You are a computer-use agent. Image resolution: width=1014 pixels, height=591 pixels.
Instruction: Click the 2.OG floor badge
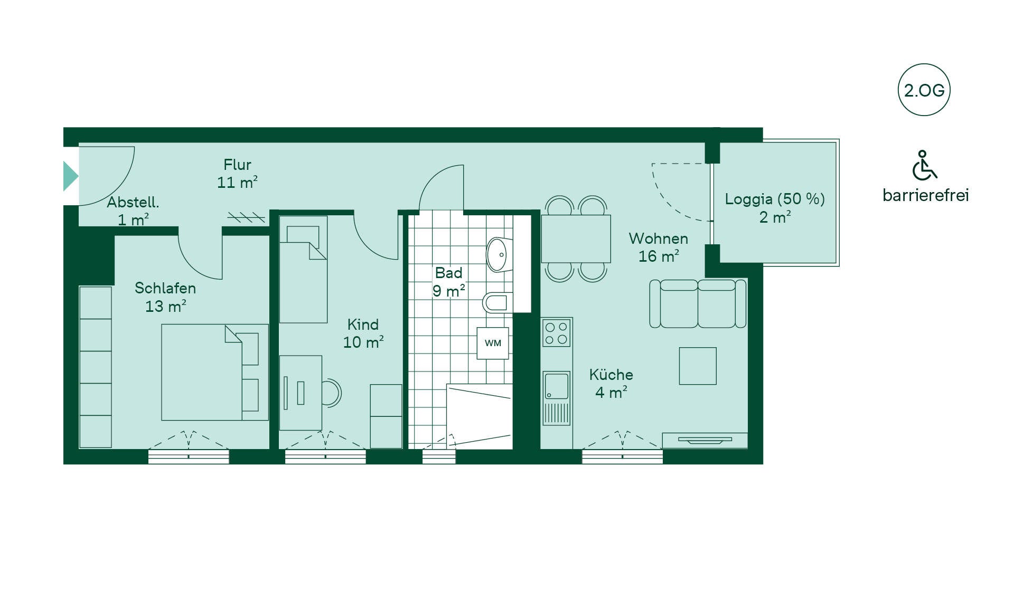(x=924, y=90)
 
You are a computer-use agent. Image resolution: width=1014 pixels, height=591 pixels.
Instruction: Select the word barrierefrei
(x=925, y=195)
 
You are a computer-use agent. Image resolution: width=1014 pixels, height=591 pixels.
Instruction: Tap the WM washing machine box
(x=493, y=343)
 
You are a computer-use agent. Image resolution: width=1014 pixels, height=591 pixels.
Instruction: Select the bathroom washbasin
(x=498, y=254)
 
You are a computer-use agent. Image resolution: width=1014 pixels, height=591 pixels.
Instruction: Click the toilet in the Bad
(x=496, y=302)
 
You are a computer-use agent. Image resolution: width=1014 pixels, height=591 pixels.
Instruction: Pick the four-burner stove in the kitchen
(x=557, y=332)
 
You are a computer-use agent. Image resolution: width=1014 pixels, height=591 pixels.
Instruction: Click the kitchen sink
(x=557, y=386)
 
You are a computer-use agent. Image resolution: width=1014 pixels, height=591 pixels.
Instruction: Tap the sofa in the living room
(x=698, y=303)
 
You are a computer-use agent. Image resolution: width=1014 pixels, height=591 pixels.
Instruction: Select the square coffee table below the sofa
(x=698, y=366)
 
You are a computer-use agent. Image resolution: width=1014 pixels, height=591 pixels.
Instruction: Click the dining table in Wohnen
(x=576, y=239)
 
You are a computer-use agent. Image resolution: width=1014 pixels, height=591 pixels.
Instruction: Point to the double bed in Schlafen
(x=215, y=372)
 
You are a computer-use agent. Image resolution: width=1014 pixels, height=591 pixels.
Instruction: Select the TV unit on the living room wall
(x=705, y=440)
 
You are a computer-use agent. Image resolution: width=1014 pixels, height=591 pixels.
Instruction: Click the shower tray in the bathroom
(x=480, y=416)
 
